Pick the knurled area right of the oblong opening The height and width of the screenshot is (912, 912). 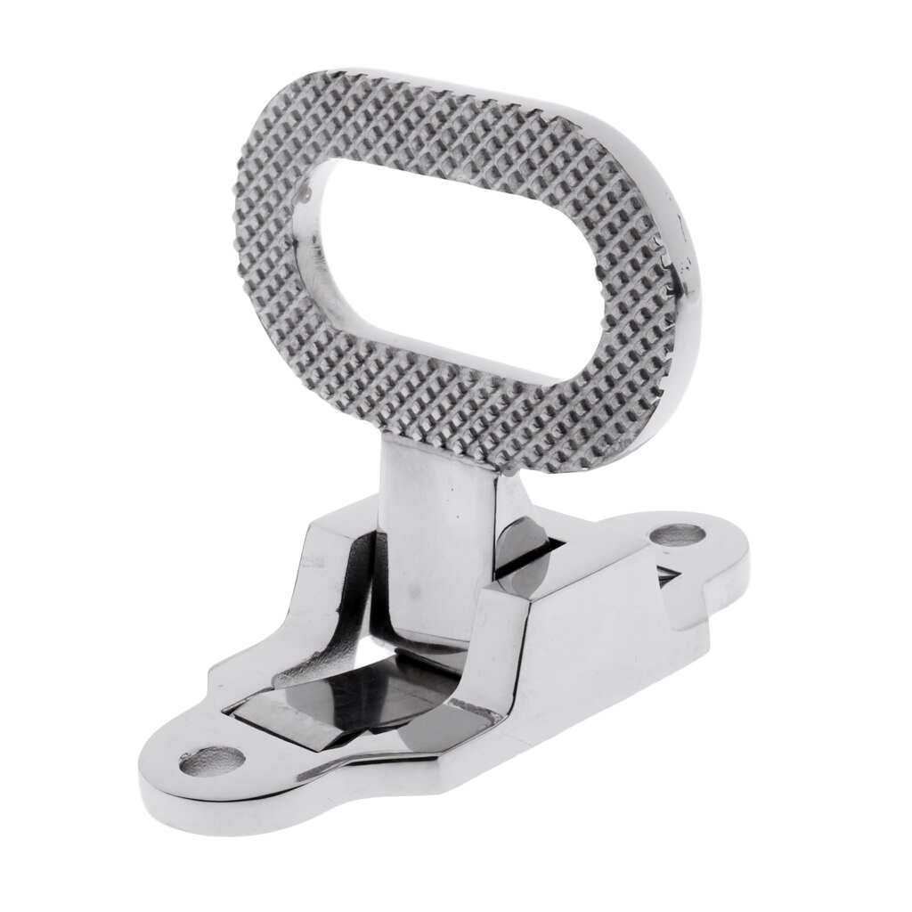coord(623,294)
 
